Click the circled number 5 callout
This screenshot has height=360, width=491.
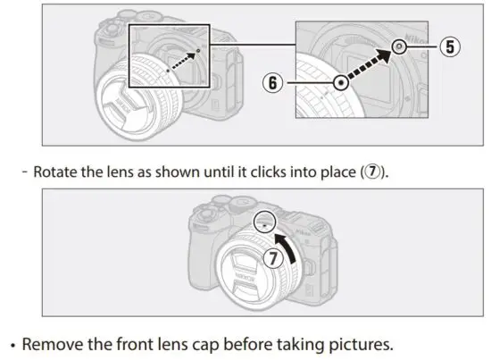click(454, 47)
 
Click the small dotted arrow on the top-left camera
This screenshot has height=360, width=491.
click(181, 63)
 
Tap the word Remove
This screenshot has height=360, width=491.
click(52, 343)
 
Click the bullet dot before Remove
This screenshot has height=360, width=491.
click(12, 344)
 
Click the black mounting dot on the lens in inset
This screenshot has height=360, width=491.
click(340, 82)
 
